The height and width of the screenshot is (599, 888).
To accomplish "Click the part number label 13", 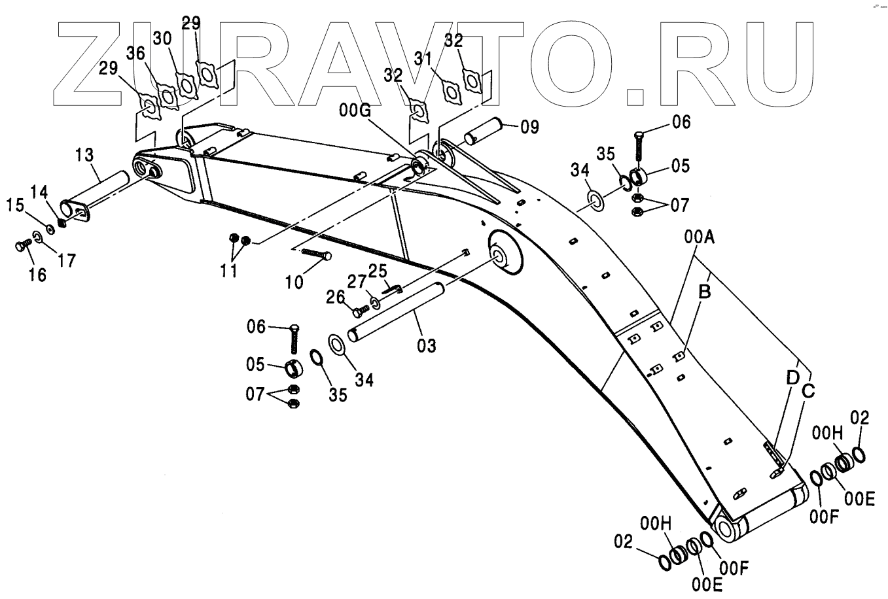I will click(x=84, y=155).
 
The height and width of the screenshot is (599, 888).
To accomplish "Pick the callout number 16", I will click(x=37, y=275).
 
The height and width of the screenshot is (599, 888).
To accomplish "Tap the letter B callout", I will click(x=704, y=292).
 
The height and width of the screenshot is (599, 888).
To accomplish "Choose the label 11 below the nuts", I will click(x=228, y=270).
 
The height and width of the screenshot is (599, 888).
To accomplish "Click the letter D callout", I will click(x=792, y=377).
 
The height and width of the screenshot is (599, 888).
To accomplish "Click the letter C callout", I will click(x=808, y=390).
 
